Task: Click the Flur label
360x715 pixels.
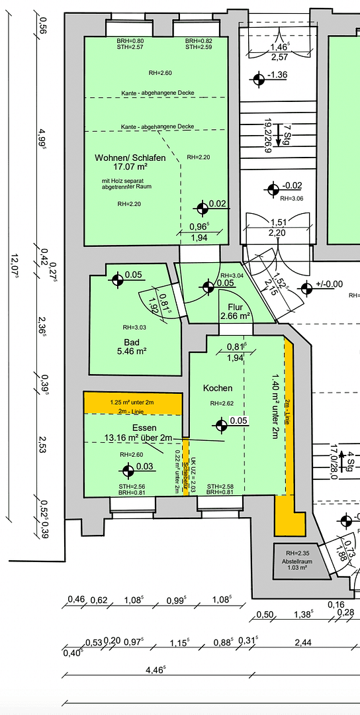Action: click(235, 307)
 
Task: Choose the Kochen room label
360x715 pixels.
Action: click(218, 388)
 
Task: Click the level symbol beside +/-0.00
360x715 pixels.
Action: click(306, 289)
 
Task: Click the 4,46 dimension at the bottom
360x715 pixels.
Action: click(156, 669)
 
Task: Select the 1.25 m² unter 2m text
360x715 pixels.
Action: click(132, 402)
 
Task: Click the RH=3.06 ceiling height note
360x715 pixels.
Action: click(291, 199)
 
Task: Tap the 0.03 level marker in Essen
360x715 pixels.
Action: click(127, 470)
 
